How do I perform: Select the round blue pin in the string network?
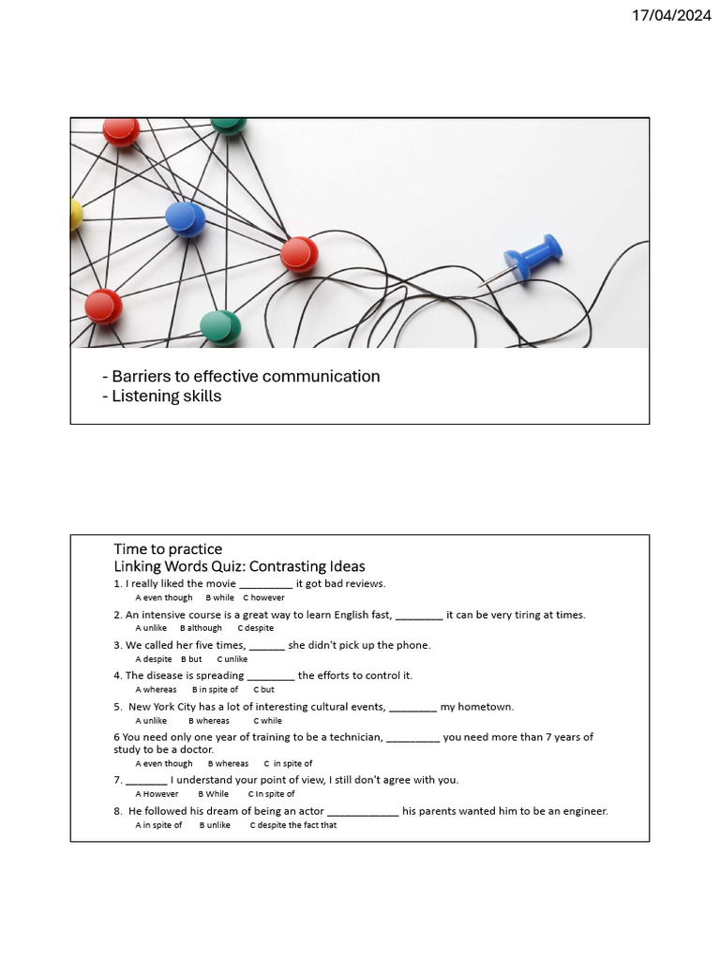pyautogui.click(x=186, y=218)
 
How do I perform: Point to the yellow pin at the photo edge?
pyautogui.click(x=75, y=216)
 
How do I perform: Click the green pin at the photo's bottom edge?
pyautogui.click(x=221, y=327)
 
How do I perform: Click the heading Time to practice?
pyautogui.click(x=168, y=548)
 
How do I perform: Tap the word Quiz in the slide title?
pyautogui.click(x=225, y=566)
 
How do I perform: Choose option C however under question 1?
pyautogui.click(x=264, y=597)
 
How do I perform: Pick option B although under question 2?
pyautogui.click(x=201, y=628)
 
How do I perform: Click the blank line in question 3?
pyautogui.click(x=267, y=646)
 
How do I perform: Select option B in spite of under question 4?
pyautogui.click(x=215, y=689)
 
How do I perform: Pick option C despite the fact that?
pyautogui.click(x=292, y=825)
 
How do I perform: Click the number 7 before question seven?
pyautogui.click(x=117, y=780)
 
